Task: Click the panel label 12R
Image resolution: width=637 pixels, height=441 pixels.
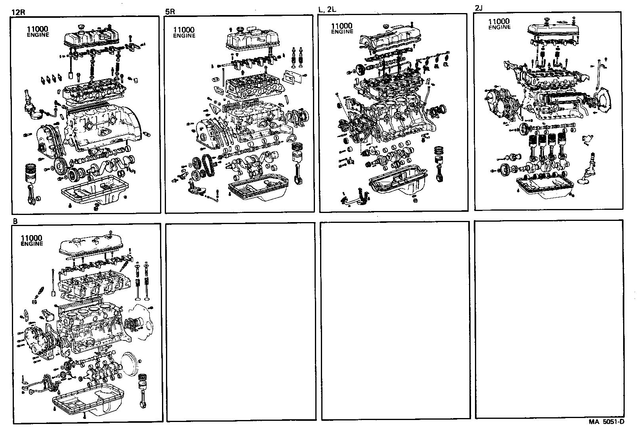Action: point(19,12)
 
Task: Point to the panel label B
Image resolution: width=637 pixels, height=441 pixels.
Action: point(15,221)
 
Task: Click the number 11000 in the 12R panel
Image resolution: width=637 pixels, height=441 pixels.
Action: point(38,29)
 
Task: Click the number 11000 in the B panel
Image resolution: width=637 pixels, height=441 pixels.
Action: point(31,238)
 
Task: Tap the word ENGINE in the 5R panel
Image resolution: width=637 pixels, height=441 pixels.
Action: point(184,36)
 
